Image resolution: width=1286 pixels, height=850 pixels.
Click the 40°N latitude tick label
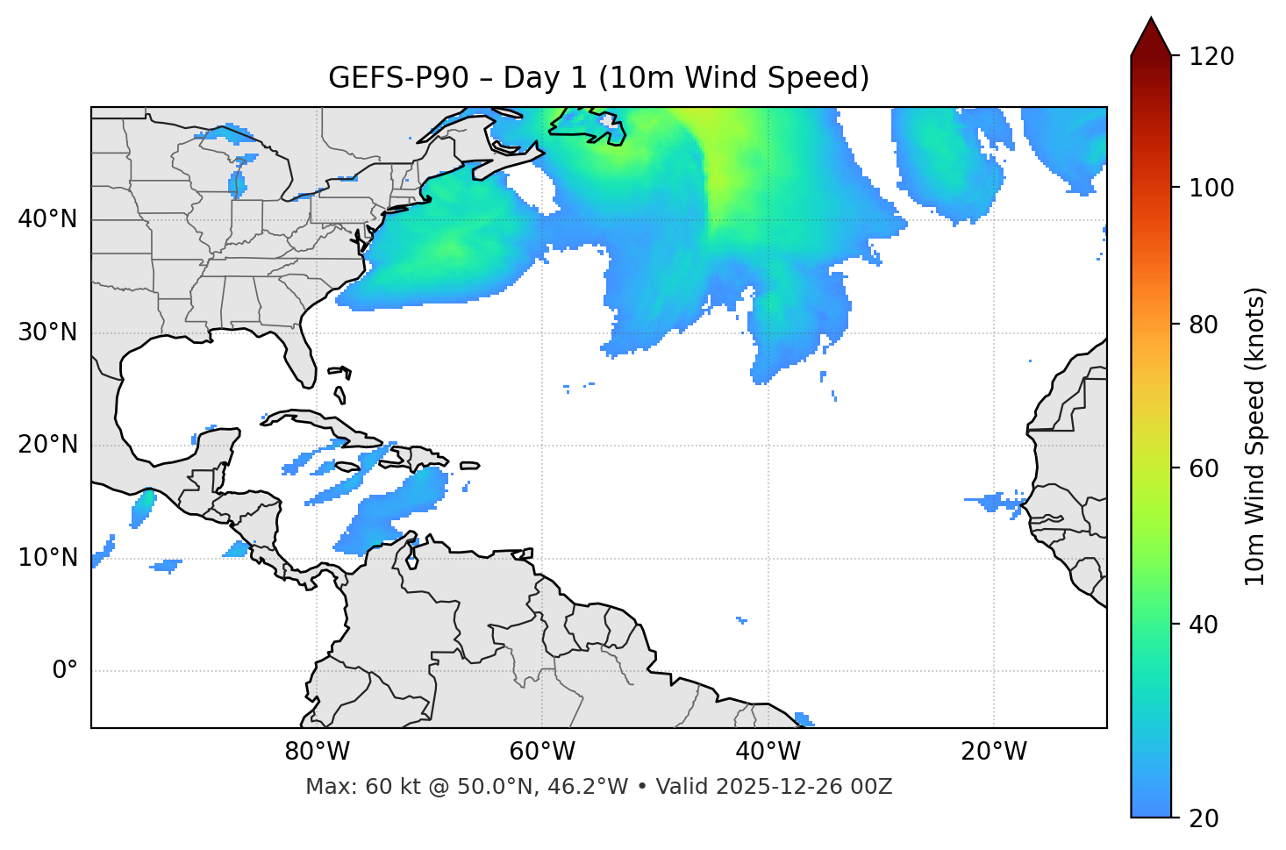tap(47, 219)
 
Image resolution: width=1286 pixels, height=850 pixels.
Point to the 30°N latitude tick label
tap(47, 332)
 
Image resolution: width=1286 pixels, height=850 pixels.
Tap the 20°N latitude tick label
tap(47, 445)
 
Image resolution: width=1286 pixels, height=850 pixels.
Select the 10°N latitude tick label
tap(47, 558)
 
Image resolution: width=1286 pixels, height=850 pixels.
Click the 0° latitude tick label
tap(65, 671)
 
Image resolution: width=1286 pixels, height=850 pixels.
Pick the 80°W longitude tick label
tap(317, 752)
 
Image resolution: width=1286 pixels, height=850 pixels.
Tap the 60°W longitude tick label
tap(542, 752)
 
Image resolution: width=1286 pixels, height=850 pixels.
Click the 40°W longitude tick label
tap(768, 752)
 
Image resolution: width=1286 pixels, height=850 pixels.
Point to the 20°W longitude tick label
tap(994, 752)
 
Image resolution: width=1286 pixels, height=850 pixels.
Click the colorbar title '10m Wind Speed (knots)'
tap(1255, 436)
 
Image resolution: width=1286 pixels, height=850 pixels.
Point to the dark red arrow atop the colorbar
tap(1151, 37)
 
